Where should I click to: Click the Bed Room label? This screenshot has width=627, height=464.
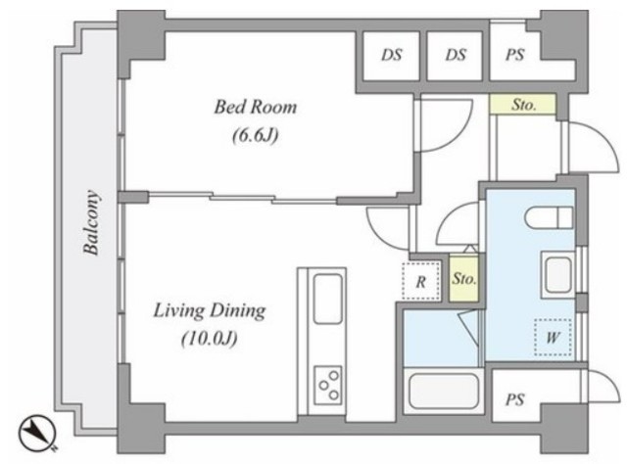tap(256, 107)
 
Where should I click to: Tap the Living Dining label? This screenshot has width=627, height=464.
tap(210, 310)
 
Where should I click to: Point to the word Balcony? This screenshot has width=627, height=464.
tap(91, 222)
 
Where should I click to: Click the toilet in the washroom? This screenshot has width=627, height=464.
tap(549, 218)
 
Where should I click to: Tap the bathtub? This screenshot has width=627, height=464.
tap(444, 391)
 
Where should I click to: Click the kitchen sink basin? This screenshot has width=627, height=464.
tap(328, 299)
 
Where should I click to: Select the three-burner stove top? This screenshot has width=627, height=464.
tap(328, 385)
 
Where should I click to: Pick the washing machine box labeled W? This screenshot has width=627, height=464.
tap(553, 338)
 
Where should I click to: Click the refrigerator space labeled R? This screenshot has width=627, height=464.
tap(420, 281)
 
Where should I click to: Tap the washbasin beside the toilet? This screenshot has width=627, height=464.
tap(558, 274)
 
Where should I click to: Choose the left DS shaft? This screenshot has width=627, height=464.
tap(391, 56)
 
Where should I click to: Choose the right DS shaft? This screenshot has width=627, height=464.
tap(455, 56)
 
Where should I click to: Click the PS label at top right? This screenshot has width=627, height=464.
tap(514, 55)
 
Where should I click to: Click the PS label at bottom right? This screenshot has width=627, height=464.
tap(514, 399)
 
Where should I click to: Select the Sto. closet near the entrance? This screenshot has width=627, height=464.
tap(523, 105)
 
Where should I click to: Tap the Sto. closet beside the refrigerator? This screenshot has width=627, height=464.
tap(463, 278)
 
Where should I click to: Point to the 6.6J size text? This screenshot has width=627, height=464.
tap(255, 136)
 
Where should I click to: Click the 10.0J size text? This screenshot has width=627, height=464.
tap(210, 339)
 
